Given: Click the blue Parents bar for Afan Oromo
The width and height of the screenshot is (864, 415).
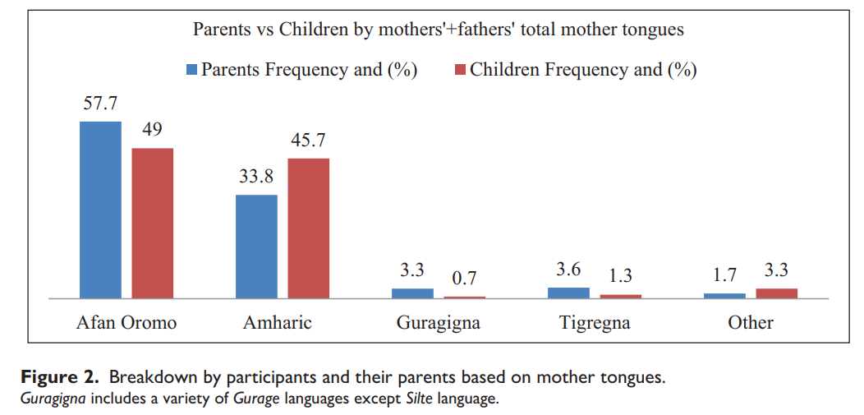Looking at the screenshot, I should (x=100, y=210).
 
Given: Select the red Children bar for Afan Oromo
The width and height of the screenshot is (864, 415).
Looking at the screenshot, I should (x=153, y=223).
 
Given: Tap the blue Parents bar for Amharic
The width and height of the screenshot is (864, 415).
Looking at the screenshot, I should (x=256, y=247).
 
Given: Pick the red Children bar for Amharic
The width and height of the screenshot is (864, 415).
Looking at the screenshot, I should (x=308, y=228).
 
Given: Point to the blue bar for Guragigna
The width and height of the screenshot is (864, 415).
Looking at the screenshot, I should (x=412, y=293).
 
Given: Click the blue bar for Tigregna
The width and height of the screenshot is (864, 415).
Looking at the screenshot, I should (x=568, y=293).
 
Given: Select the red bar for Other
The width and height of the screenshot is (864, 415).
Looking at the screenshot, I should (x=776, y=293).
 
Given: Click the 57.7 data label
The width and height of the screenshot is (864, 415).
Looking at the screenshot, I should (x=100, y=104).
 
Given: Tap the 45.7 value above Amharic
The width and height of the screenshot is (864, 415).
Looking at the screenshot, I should (x=308, y=141).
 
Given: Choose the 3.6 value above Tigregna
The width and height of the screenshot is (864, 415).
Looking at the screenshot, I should (x=568, y=269).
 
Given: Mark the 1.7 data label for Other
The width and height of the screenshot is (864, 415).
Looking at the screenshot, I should (x=724, y=274).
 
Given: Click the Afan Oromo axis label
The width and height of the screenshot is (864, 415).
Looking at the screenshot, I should (x=126, y=322).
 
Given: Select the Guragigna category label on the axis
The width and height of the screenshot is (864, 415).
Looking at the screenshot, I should (x=438, y=322).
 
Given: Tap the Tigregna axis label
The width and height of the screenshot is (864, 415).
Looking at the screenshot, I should (x=595, y=322).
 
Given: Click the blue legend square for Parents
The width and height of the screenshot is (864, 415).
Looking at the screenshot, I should (x=192, y=71).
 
